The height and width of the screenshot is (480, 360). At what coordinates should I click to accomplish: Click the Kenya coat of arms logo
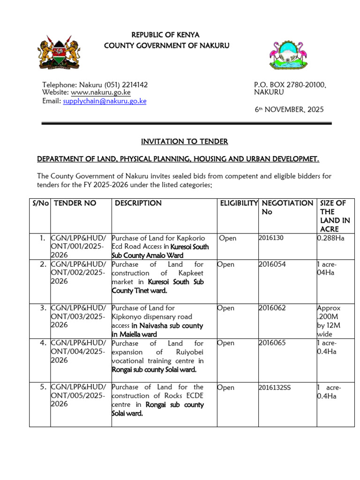pos(59,52)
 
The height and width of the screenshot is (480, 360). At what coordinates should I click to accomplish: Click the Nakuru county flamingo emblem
pos(287,54)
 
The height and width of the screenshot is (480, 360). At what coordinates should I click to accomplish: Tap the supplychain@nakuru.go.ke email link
pos(105,101)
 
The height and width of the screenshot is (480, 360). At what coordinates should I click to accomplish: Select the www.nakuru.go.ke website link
pos(100,93)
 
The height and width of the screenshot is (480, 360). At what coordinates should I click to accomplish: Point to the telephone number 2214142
pos(135,85)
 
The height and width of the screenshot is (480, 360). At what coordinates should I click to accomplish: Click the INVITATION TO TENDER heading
pos(184,142)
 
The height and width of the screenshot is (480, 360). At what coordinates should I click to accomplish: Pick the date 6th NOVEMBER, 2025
pos(289,110)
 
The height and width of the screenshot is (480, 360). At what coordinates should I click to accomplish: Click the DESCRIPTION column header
pos(138,203)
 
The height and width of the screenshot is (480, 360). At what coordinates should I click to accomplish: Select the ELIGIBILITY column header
pos(239,203)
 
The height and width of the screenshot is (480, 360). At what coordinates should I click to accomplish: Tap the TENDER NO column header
pos(75,203)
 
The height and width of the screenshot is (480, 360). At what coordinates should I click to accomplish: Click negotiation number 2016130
pos(271,238)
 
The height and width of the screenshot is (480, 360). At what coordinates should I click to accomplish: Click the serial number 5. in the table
pos(43,387)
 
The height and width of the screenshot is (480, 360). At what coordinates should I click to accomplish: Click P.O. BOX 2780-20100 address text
pos(290,85)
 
